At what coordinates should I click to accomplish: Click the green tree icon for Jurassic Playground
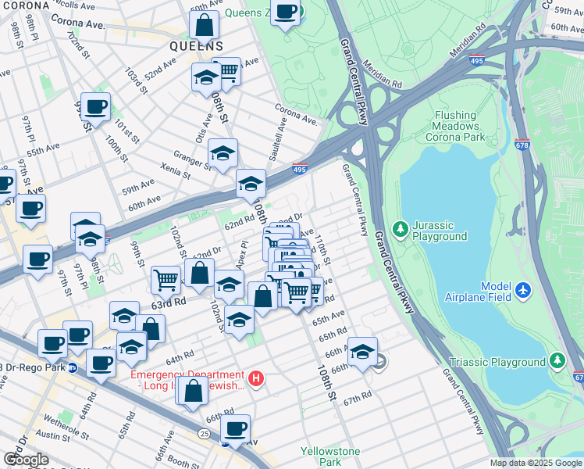point(401,228)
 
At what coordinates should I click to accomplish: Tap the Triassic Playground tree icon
point(557,362)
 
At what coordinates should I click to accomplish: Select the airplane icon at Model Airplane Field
point(523,291)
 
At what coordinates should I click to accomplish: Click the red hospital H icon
point(258,379)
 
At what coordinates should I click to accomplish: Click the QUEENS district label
point(197,46)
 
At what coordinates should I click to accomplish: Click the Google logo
point(26,460)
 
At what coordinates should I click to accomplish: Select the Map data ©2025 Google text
point(535,463)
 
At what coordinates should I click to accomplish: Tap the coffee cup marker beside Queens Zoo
point(287,13)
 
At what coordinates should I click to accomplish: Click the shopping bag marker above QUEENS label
point(204,25)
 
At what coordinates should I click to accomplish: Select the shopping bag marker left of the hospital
point(192,392)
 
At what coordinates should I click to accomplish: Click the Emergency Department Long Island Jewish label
point(187,379)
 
